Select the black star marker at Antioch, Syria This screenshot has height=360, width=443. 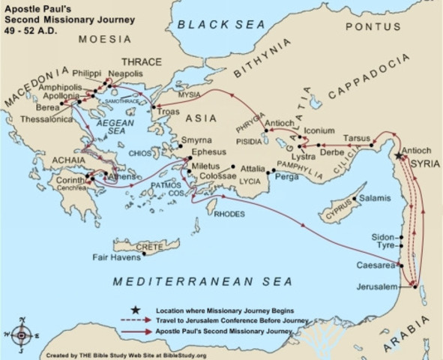pyautogui.click(x=397, y=155)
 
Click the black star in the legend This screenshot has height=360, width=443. pyautogui.click(x=135, y=309)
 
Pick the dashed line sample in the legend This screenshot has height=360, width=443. pyautogui.click(x=135, y=319)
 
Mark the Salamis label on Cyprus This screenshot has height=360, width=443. pyautogui.click(x=375, y=198)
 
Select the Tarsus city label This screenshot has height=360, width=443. pyautogui.click(x=356, y=139)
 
